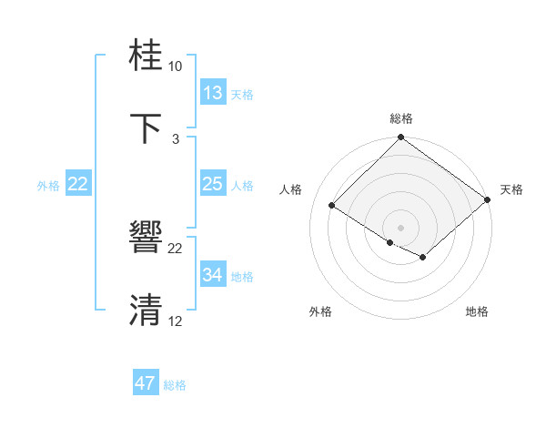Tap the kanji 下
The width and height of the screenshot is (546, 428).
point(146,128)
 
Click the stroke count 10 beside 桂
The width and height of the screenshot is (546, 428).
point(176,66)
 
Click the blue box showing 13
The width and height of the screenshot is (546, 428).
point(212,93)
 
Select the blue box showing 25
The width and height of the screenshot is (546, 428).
point(212,184)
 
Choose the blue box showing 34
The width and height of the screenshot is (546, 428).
point(212,275)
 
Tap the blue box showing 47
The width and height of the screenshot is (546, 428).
point(146,383)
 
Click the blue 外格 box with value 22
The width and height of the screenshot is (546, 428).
point(78,184)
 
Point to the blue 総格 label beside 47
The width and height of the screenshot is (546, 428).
point(175,385)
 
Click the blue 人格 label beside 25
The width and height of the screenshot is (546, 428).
point(242,185)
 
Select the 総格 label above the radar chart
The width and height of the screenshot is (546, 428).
point(400,118)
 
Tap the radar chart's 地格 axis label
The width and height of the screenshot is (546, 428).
point(477,311)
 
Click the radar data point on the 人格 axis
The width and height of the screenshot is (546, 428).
point(333,205)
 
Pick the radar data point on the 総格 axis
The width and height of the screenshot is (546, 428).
point(400,138)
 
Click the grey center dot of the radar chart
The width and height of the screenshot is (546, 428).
point(400,227)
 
